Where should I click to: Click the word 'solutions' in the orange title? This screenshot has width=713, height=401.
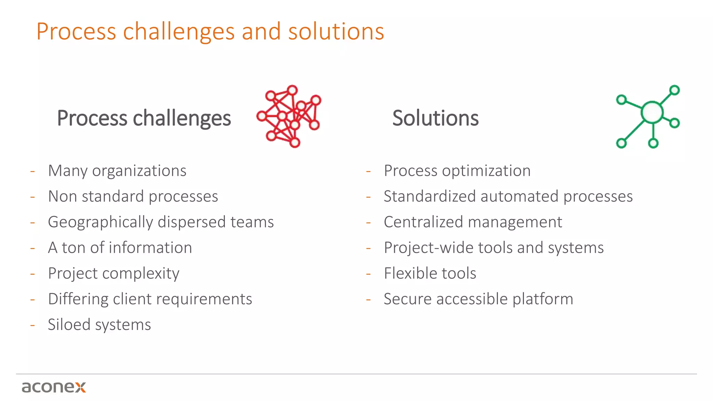(336, 31)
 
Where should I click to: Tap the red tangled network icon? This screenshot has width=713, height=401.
(289, 116)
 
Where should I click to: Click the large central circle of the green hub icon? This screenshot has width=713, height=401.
(652, 112)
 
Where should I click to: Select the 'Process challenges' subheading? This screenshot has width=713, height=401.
(144, 118)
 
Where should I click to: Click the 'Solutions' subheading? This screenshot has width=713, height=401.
(435, 118)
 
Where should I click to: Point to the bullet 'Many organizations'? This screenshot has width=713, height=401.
(117, 171)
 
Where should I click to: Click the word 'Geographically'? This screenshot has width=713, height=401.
(100, 222)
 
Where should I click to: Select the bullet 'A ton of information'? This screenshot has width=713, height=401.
(120, 248)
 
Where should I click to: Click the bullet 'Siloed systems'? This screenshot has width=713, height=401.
(99, 325)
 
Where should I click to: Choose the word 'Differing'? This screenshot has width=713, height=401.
(78, 299)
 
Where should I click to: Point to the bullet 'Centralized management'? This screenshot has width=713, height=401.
(473, 222)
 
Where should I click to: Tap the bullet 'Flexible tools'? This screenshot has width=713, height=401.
(430, 273)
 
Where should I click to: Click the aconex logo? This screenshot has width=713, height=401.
(54, 387)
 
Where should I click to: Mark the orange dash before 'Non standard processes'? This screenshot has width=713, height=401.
(33, 197)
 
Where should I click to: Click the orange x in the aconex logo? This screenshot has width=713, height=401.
(80, 387)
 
